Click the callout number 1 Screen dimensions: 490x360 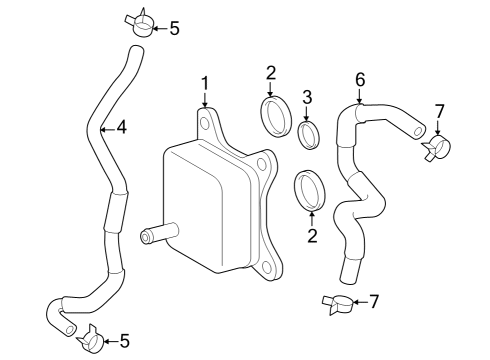(x=205, y=84)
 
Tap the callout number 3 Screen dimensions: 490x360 (x=307, y=97)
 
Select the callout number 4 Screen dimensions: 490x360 (x=121, y=127)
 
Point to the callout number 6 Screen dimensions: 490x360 (x=360, y=80)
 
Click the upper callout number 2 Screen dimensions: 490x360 (x=271, y=73)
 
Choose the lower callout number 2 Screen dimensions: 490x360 (x=312, y=235)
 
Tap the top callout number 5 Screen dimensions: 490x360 (x=174, y=28)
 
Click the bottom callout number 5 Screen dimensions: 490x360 (x=124, y=341)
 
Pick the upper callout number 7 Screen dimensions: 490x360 (x=440, y=112)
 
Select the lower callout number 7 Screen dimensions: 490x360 (x=374, y=302)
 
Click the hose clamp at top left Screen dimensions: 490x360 (x=140, y=23)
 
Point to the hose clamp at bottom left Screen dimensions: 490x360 (x=90, y=339)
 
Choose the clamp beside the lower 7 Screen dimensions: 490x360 (x=338, y=303)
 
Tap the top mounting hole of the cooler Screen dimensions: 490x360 (x=205, y=123)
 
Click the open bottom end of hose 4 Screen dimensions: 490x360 (x=70, y=330)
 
